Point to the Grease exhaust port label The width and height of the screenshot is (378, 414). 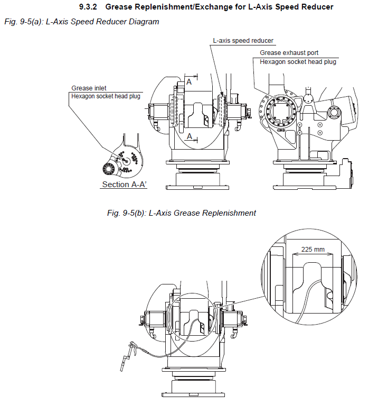pyautogui.click(x=289, y=53)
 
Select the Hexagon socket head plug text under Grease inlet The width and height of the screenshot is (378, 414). pyautogui.click(x=106, y=96)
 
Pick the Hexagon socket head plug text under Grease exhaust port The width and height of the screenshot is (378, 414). pyautogui.click(x=298, y=62)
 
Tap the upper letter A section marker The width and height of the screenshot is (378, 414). pyautogui.click(x=188, y=81)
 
